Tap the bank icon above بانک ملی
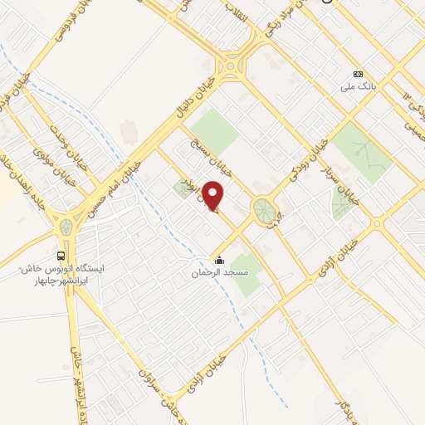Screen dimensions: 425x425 (358, 74)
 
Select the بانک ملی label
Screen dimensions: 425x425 (358, 85)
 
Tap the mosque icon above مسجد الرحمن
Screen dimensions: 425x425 (218, 261)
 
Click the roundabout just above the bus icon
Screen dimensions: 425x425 (66, 227)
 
